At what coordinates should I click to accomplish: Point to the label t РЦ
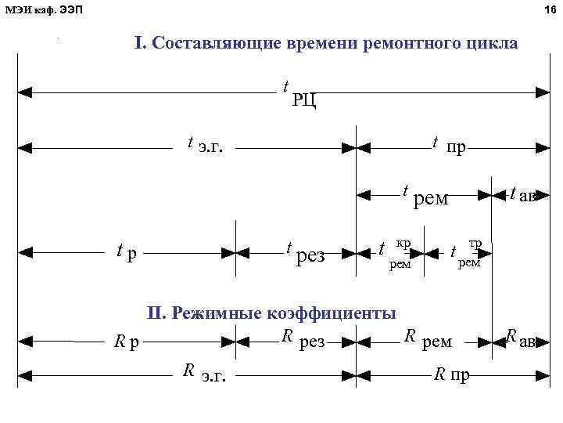[299, 93]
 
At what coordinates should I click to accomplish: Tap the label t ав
[522, 194]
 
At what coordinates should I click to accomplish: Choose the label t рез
[304, 252]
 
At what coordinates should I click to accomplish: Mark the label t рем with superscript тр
[466, 252]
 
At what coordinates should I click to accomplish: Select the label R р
[126, 342]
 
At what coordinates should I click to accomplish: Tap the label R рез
[303, 340]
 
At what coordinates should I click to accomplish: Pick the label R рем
[428, 340]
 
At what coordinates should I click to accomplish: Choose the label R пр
[452, 374]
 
